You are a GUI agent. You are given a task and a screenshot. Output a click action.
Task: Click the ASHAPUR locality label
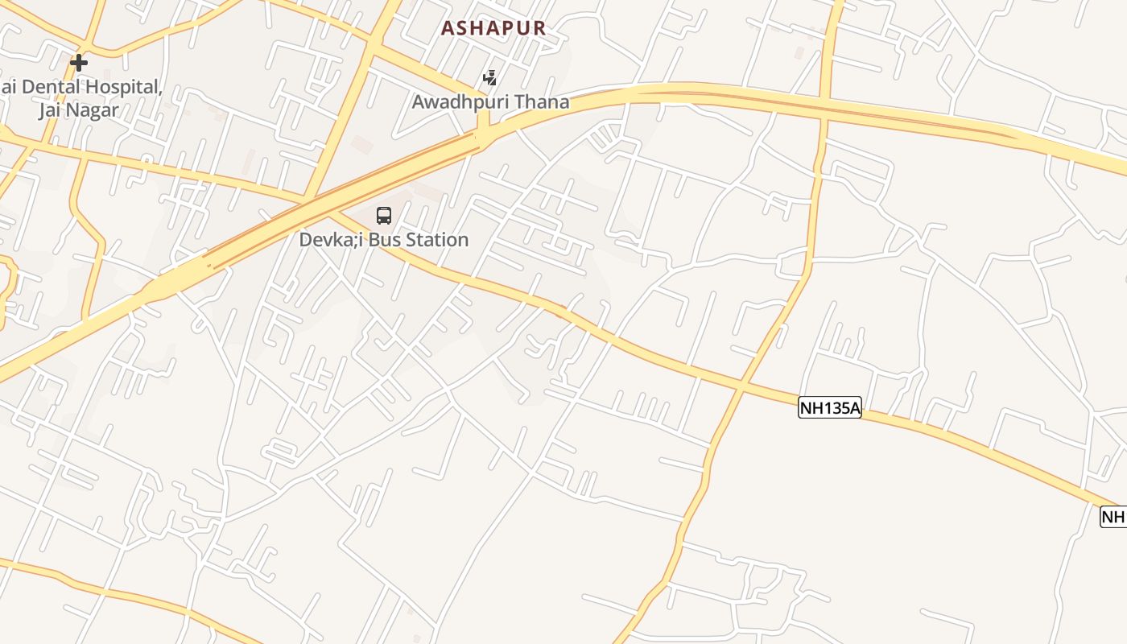click(x=493, y=28)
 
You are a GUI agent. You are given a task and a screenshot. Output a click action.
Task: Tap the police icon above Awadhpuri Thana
click(x=489, y=78)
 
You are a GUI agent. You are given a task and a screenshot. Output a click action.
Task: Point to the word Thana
click(x=543, y=102)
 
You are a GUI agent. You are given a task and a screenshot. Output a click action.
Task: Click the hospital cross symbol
click(x=78, y=62)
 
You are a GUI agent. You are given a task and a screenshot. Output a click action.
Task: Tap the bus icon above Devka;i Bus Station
click(x=384, y=216)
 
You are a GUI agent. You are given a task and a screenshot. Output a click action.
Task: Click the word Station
click(x=438, y=240)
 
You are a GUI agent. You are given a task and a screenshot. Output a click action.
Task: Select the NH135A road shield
click(x=830, y=408)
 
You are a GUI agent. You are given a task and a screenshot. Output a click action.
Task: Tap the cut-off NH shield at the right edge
click(x=1114, y=517)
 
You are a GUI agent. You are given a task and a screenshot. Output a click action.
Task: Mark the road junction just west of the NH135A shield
click(x=739, y=388)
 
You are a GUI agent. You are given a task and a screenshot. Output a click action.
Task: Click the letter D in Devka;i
click(x=306, y=240)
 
